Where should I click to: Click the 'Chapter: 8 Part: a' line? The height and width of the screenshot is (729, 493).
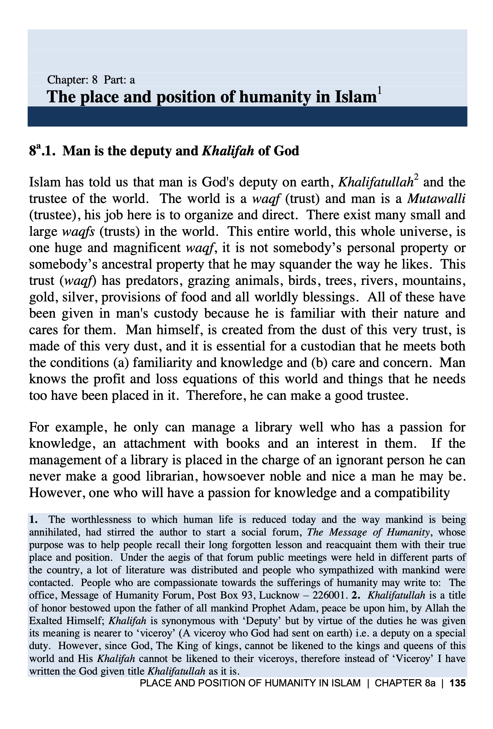[x=91, y=80]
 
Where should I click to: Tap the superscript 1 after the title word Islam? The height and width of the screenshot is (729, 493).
[x=380, y=91]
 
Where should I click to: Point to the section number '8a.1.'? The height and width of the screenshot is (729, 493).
[x=43, y=151]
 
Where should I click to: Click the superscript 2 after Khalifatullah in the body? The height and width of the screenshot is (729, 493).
[x=416, y=177]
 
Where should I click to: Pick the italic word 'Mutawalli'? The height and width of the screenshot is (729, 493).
[x=436, y=199]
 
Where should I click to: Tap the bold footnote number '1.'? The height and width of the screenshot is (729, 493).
[x=34, y=520]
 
